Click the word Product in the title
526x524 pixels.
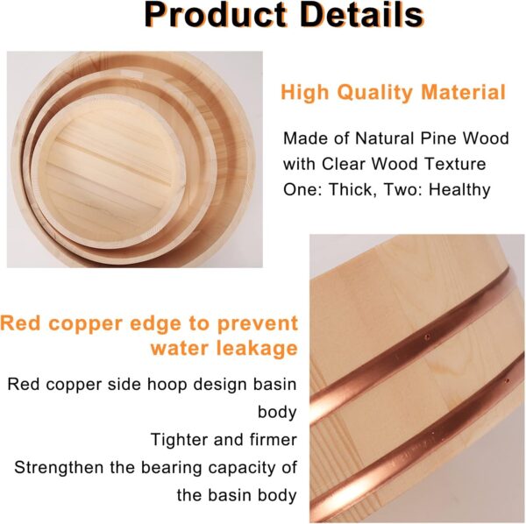tap(216, 16)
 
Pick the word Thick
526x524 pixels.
tap(350, 189)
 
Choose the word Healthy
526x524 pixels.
tap(459, 190)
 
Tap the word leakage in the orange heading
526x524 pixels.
tap(257, 348)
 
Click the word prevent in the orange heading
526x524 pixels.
tap(258, 324)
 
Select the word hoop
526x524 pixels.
tap(167, 385)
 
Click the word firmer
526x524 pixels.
tap(274, 440)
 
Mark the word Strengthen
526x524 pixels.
tap(59, 467)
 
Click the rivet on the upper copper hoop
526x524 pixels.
tap(427, 336)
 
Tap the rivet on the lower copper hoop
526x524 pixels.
tap(507, 381)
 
